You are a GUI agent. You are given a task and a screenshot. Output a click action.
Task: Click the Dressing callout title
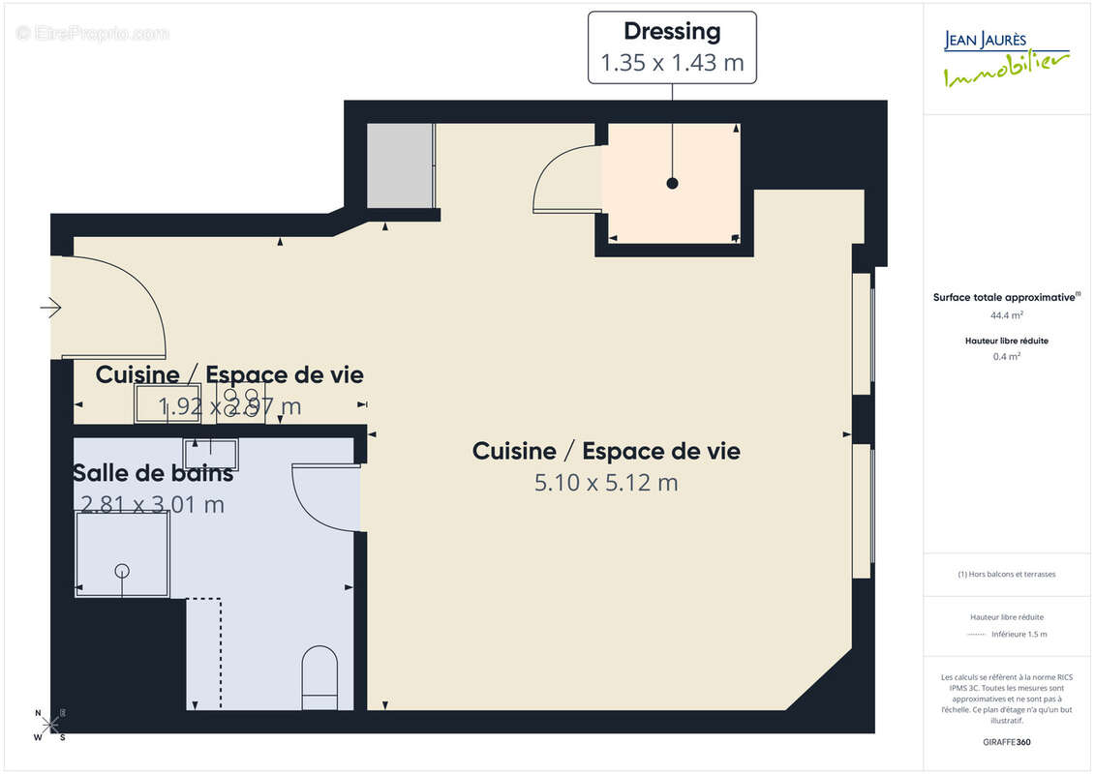672,32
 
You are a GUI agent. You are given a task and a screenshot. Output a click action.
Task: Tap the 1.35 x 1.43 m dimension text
672,64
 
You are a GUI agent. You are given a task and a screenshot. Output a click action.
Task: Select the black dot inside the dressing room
672,183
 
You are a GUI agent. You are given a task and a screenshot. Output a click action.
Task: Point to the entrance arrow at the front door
51,308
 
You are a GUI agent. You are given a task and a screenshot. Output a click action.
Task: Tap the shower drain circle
122,570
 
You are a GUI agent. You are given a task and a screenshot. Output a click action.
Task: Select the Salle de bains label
153,474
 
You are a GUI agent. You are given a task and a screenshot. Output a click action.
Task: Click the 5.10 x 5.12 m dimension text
606,483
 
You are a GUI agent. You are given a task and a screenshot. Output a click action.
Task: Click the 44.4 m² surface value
1007,314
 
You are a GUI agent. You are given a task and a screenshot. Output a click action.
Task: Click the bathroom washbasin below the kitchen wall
211,453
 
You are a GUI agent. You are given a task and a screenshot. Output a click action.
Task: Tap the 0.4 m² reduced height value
1007,356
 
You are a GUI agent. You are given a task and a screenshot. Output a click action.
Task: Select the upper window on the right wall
862,334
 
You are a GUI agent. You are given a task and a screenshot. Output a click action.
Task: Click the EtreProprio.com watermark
93,34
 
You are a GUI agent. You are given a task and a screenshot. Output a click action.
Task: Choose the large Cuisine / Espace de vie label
606,451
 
